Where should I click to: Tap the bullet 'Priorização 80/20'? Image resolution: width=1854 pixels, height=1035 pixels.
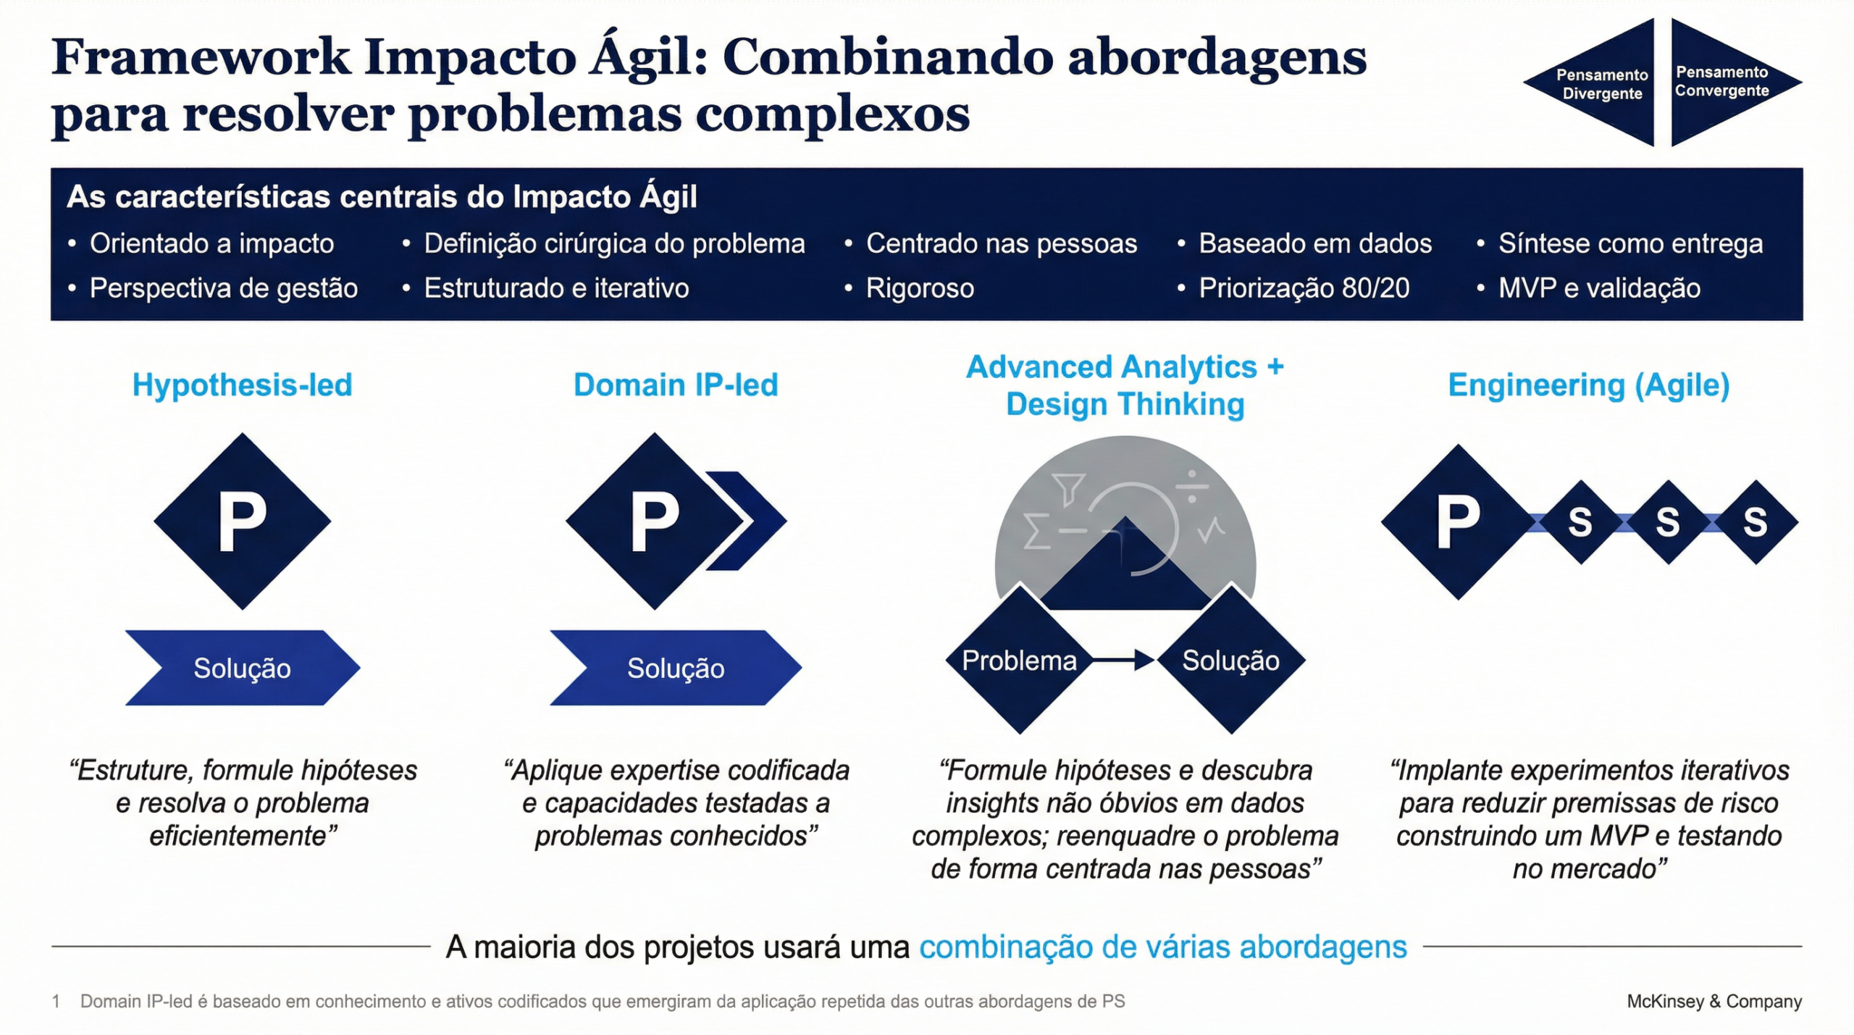1304,288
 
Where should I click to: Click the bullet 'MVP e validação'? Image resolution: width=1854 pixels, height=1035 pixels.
1599,288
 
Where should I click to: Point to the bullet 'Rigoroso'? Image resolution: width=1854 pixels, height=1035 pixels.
920,288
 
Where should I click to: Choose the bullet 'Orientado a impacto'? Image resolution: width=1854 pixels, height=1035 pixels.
211,244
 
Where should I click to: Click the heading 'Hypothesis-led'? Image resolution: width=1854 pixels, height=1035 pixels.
242,385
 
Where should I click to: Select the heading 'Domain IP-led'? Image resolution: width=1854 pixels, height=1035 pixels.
676,385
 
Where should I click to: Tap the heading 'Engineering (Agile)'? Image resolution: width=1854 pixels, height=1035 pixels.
1588,385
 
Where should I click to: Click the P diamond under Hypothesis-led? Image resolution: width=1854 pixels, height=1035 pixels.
242,521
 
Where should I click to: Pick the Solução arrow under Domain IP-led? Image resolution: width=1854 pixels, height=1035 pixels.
675,668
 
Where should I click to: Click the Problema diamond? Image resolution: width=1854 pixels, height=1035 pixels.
1019,661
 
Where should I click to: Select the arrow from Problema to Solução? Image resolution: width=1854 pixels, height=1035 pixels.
1123,660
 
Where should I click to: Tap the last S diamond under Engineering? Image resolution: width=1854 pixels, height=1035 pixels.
1755,521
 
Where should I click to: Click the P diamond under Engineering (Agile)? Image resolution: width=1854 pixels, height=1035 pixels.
1458,521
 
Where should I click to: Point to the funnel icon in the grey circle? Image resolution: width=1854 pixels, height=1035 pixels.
1068,488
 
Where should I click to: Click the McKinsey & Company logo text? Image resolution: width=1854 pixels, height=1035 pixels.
1714,1001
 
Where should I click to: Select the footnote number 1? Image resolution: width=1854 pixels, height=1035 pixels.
56,1002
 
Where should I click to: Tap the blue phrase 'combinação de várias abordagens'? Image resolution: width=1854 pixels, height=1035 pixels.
1162,947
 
